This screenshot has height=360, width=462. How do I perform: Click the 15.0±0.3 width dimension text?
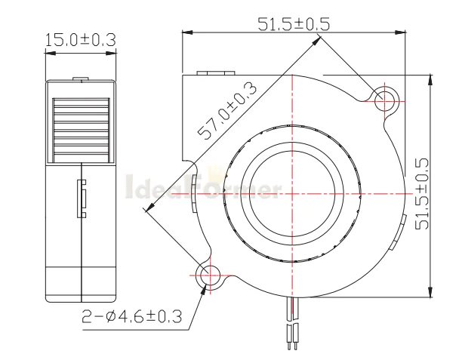tap(81, 40)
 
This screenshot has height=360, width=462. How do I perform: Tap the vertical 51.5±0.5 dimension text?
tap(422, 194)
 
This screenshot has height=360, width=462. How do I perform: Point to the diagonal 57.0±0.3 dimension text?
tap(227, 111)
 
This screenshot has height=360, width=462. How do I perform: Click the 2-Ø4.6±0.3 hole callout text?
tap(131, 317)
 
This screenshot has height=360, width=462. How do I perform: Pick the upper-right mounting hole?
tap(384, 101)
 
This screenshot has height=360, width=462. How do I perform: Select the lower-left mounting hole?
tap(210, 275)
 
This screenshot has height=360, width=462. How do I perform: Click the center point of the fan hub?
tap(292, 194)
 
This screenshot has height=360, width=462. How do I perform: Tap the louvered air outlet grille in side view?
tap(81, 131)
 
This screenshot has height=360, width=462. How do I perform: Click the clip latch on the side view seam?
tap(82, 198)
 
